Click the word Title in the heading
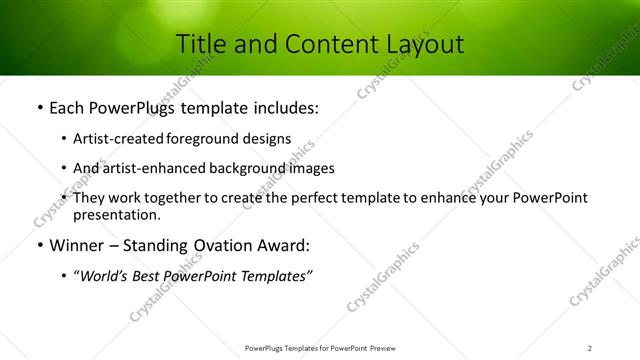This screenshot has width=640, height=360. [201, 44]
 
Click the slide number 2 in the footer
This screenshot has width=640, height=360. [589, 348]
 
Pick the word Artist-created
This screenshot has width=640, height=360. [118, 139]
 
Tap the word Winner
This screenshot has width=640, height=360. [78, 245]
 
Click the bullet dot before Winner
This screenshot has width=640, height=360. [38, 246]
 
